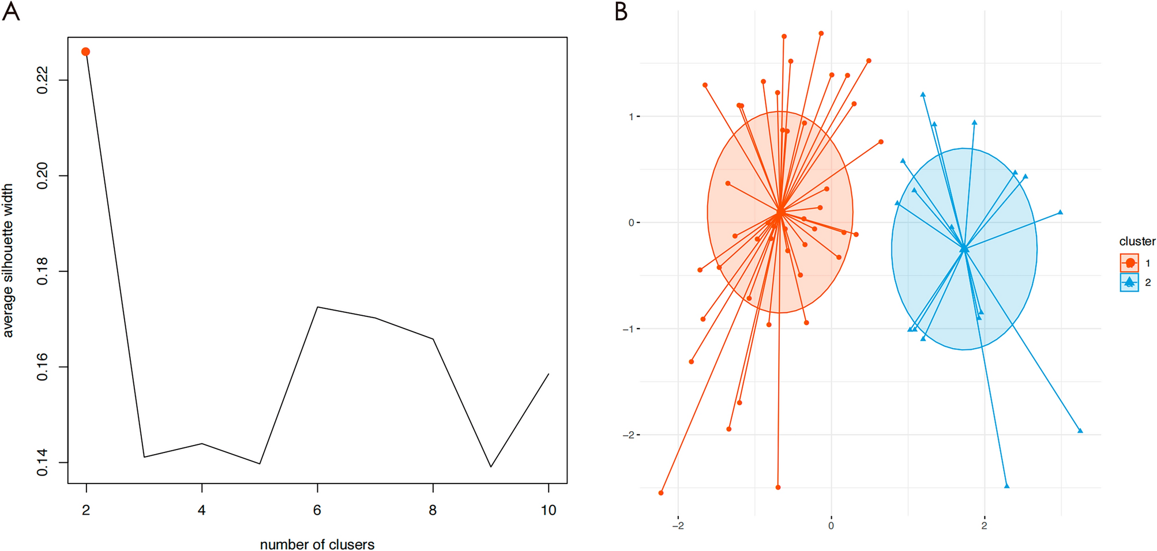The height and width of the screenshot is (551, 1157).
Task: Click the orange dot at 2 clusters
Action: pos(85,52)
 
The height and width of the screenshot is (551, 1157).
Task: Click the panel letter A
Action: pos(11,12)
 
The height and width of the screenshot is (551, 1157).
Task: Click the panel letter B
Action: pos(621,12)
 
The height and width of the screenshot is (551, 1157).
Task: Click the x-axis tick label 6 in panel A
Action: pos(317,510)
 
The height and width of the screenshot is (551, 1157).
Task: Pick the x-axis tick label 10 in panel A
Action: pos(549,510)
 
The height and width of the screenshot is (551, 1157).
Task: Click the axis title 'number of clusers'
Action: pos(317,545)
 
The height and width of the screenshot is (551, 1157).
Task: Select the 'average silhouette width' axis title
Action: pos(8,261)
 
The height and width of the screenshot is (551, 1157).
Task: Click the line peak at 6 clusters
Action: pos(318,307)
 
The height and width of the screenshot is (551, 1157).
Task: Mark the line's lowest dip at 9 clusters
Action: pos(491,466)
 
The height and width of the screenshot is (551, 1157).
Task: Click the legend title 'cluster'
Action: pos(1137,241)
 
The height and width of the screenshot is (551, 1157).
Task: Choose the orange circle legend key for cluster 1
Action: pos(1129,263)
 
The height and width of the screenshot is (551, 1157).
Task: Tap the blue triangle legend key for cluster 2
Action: pos(1129,282)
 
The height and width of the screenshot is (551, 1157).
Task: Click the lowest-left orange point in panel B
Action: pos(661,493)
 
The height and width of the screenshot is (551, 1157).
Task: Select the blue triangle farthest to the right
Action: pos(1080,431)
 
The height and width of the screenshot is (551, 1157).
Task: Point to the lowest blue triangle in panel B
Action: pos(1007,486)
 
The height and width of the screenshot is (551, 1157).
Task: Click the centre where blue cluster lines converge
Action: pos(964,249)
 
